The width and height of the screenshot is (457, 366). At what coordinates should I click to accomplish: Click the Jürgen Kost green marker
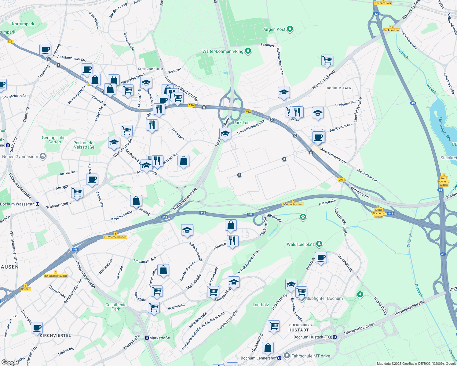coord(290,29)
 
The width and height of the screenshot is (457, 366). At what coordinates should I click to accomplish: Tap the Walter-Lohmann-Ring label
coord(223,51)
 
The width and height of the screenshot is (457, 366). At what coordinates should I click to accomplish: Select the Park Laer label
coord(242,123)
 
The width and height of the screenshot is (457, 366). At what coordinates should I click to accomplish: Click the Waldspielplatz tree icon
coord(319,244)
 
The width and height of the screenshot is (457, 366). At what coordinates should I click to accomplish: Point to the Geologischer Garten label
coord(54,140)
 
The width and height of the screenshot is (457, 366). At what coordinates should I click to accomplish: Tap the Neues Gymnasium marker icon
coord(43,156)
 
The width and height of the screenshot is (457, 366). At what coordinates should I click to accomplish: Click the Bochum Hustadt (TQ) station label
coord(313,337)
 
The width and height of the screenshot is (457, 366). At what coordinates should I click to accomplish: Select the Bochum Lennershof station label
coord(258,358)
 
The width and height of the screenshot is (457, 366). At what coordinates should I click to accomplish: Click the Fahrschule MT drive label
coord(311,356)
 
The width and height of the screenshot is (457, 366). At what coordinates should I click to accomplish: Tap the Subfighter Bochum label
coord(324,298)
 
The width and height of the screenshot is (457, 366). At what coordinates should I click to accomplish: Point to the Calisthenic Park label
coord(116,307)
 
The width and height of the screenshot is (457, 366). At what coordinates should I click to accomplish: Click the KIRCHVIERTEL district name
coord(55,335)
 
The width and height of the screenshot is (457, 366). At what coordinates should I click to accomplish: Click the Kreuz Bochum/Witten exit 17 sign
coord(444,180)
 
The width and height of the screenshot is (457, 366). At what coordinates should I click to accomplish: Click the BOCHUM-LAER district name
coord(339,88)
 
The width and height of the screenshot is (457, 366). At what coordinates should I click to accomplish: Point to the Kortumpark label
coord(23,24)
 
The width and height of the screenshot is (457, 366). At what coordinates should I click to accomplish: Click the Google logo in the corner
coord(10,362)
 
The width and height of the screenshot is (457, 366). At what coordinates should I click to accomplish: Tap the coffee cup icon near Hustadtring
coord(321,258)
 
